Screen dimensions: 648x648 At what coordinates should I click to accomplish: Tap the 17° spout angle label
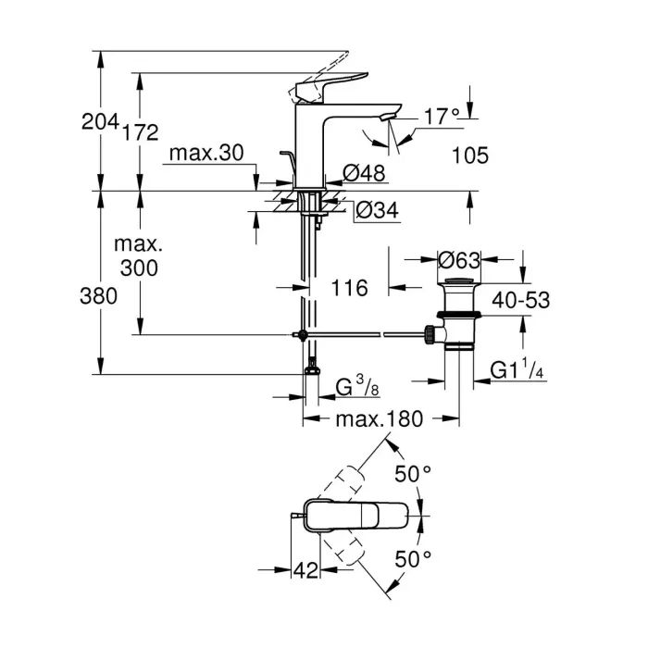click(442, 117)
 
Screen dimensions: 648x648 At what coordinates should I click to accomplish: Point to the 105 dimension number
click(470, 156)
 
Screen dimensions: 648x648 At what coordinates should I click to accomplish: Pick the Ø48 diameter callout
click(363, 172)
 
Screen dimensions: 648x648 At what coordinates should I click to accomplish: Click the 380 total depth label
click(99, 296)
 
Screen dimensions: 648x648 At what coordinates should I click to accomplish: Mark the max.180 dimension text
click(379, 418)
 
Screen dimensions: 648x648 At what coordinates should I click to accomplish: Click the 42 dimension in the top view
click(305, 571)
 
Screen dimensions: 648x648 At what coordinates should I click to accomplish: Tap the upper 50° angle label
click(414, 473)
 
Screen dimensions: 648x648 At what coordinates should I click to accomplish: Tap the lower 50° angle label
click(414, 558)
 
